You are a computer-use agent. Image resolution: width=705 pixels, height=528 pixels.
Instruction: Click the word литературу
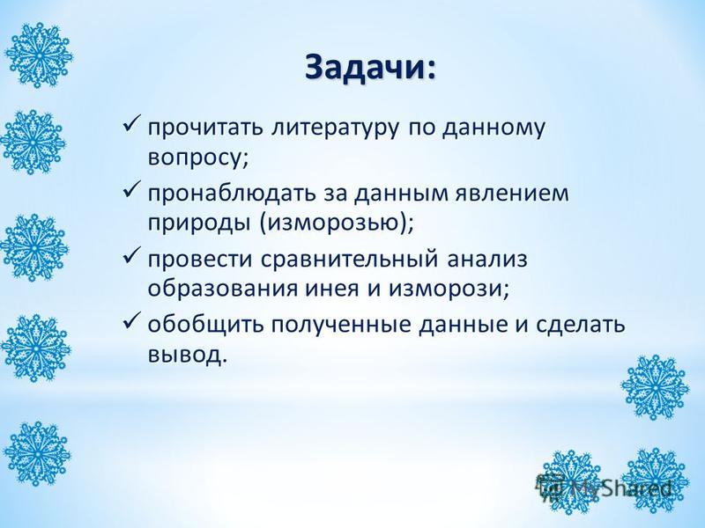tap(336, 128)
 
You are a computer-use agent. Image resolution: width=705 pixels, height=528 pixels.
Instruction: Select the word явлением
tap(512, 193)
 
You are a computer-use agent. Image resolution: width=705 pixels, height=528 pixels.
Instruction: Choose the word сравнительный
tap(349, 260)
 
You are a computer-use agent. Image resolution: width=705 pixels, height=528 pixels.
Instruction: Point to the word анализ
tap(487, 260)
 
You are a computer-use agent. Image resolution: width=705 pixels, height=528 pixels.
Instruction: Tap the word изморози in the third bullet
tap(444, 290)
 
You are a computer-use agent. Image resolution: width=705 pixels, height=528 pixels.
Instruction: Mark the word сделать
tap(580, 325)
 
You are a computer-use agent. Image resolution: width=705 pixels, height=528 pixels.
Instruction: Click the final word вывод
tap(184, 356)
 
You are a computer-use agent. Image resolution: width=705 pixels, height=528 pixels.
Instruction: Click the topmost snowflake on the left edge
tap(39, 55)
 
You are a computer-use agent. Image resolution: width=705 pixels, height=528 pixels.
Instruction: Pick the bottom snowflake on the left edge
tap(38, 453)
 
